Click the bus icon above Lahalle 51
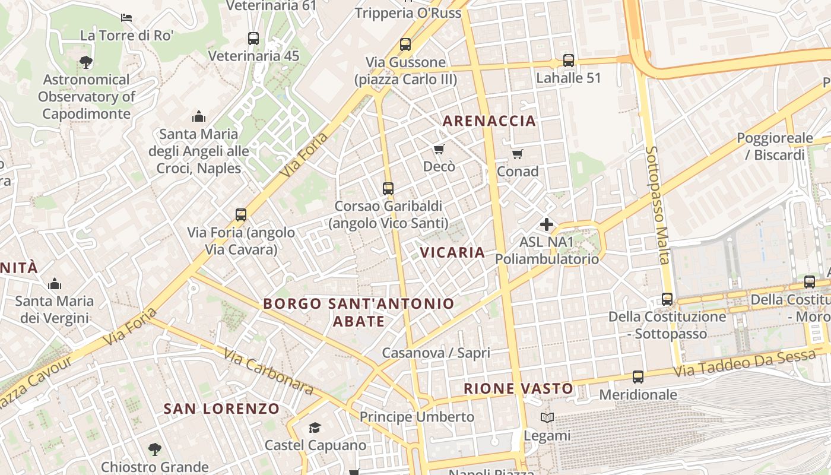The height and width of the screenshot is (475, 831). pyautogui.click(x=569, y=61)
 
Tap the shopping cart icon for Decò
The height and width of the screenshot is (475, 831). pyautogui.click(x=439, y=149)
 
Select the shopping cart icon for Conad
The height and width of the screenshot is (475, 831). pyautogui.click(x=517, y=154)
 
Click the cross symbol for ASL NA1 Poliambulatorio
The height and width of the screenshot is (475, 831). pyautogui.click(x=547, y=224)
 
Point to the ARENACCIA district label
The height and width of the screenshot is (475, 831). pyautogui.click(x=489, y=121)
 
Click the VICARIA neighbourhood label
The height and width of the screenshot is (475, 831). pyautogui.click(x=452, y=252)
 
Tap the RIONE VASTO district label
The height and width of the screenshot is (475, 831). pyautogui.click(x=518, y=389)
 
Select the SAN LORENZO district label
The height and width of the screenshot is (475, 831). pyautogui.click(x=221, y=408)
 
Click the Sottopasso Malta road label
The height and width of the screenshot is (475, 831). pyautogui.click(x=658, y=205)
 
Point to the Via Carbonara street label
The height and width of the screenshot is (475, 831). pyautogui.click(x=268, y=372)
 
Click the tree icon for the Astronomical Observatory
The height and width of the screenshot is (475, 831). pyautogui.click(x=85, y=62)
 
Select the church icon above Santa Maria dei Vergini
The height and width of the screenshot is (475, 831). pyautogui.click(x=55, y=284)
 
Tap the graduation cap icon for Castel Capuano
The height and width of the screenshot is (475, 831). pyautogui.click(x=315, y=427)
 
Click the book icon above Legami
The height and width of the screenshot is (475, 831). pyautogui.click(x=547, y=418)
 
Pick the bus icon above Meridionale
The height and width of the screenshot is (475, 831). pyautogui.click(x=638, y=377)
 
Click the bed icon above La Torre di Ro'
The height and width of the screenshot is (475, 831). pyautogui.click(x=126, y=17)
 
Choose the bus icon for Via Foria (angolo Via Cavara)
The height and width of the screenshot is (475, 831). pyautogui.click(x=241, y=215)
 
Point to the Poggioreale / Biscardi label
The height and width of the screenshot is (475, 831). pyautogui.click(x=775, y=146)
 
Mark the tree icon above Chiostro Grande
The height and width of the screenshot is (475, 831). pyautogui.click(x=155, y=449)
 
